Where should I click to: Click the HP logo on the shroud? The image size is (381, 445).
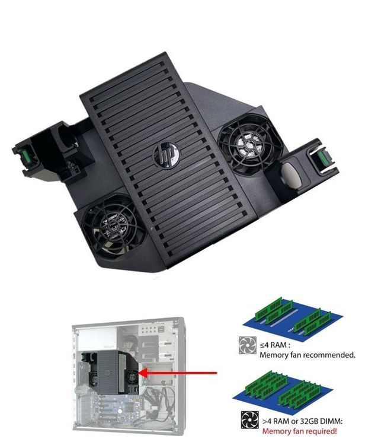pos(162,155)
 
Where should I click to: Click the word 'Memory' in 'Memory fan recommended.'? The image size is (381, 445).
pos(274,355)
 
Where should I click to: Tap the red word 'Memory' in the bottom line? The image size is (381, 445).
pos(274,430)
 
